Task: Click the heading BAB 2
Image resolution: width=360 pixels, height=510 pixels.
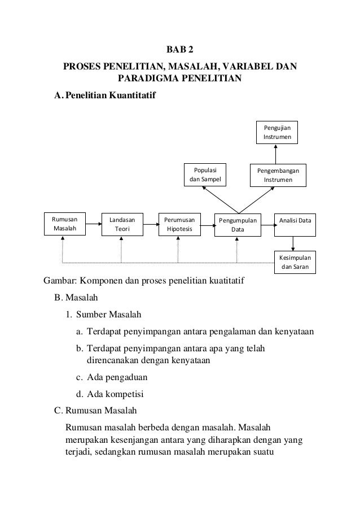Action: (x=179, y=52)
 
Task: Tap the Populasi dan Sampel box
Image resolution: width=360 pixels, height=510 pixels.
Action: (x=205, y=175)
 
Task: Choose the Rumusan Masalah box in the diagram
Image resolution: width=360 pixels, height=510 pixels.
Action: (x=64, y=224)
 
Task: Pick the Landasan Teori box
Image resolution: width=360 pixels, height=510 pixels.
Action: (x=122, y=224)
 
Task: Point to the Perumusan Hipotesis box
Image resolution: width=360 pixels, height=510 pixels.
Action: (x=179, y=224)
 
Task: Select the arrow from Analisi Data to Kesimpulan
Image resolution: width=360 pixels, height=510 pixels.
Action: (x=293, y=242)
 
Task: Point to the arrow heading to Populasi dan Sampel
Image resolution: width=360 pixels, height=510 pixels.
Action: (x=220, y=197)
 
